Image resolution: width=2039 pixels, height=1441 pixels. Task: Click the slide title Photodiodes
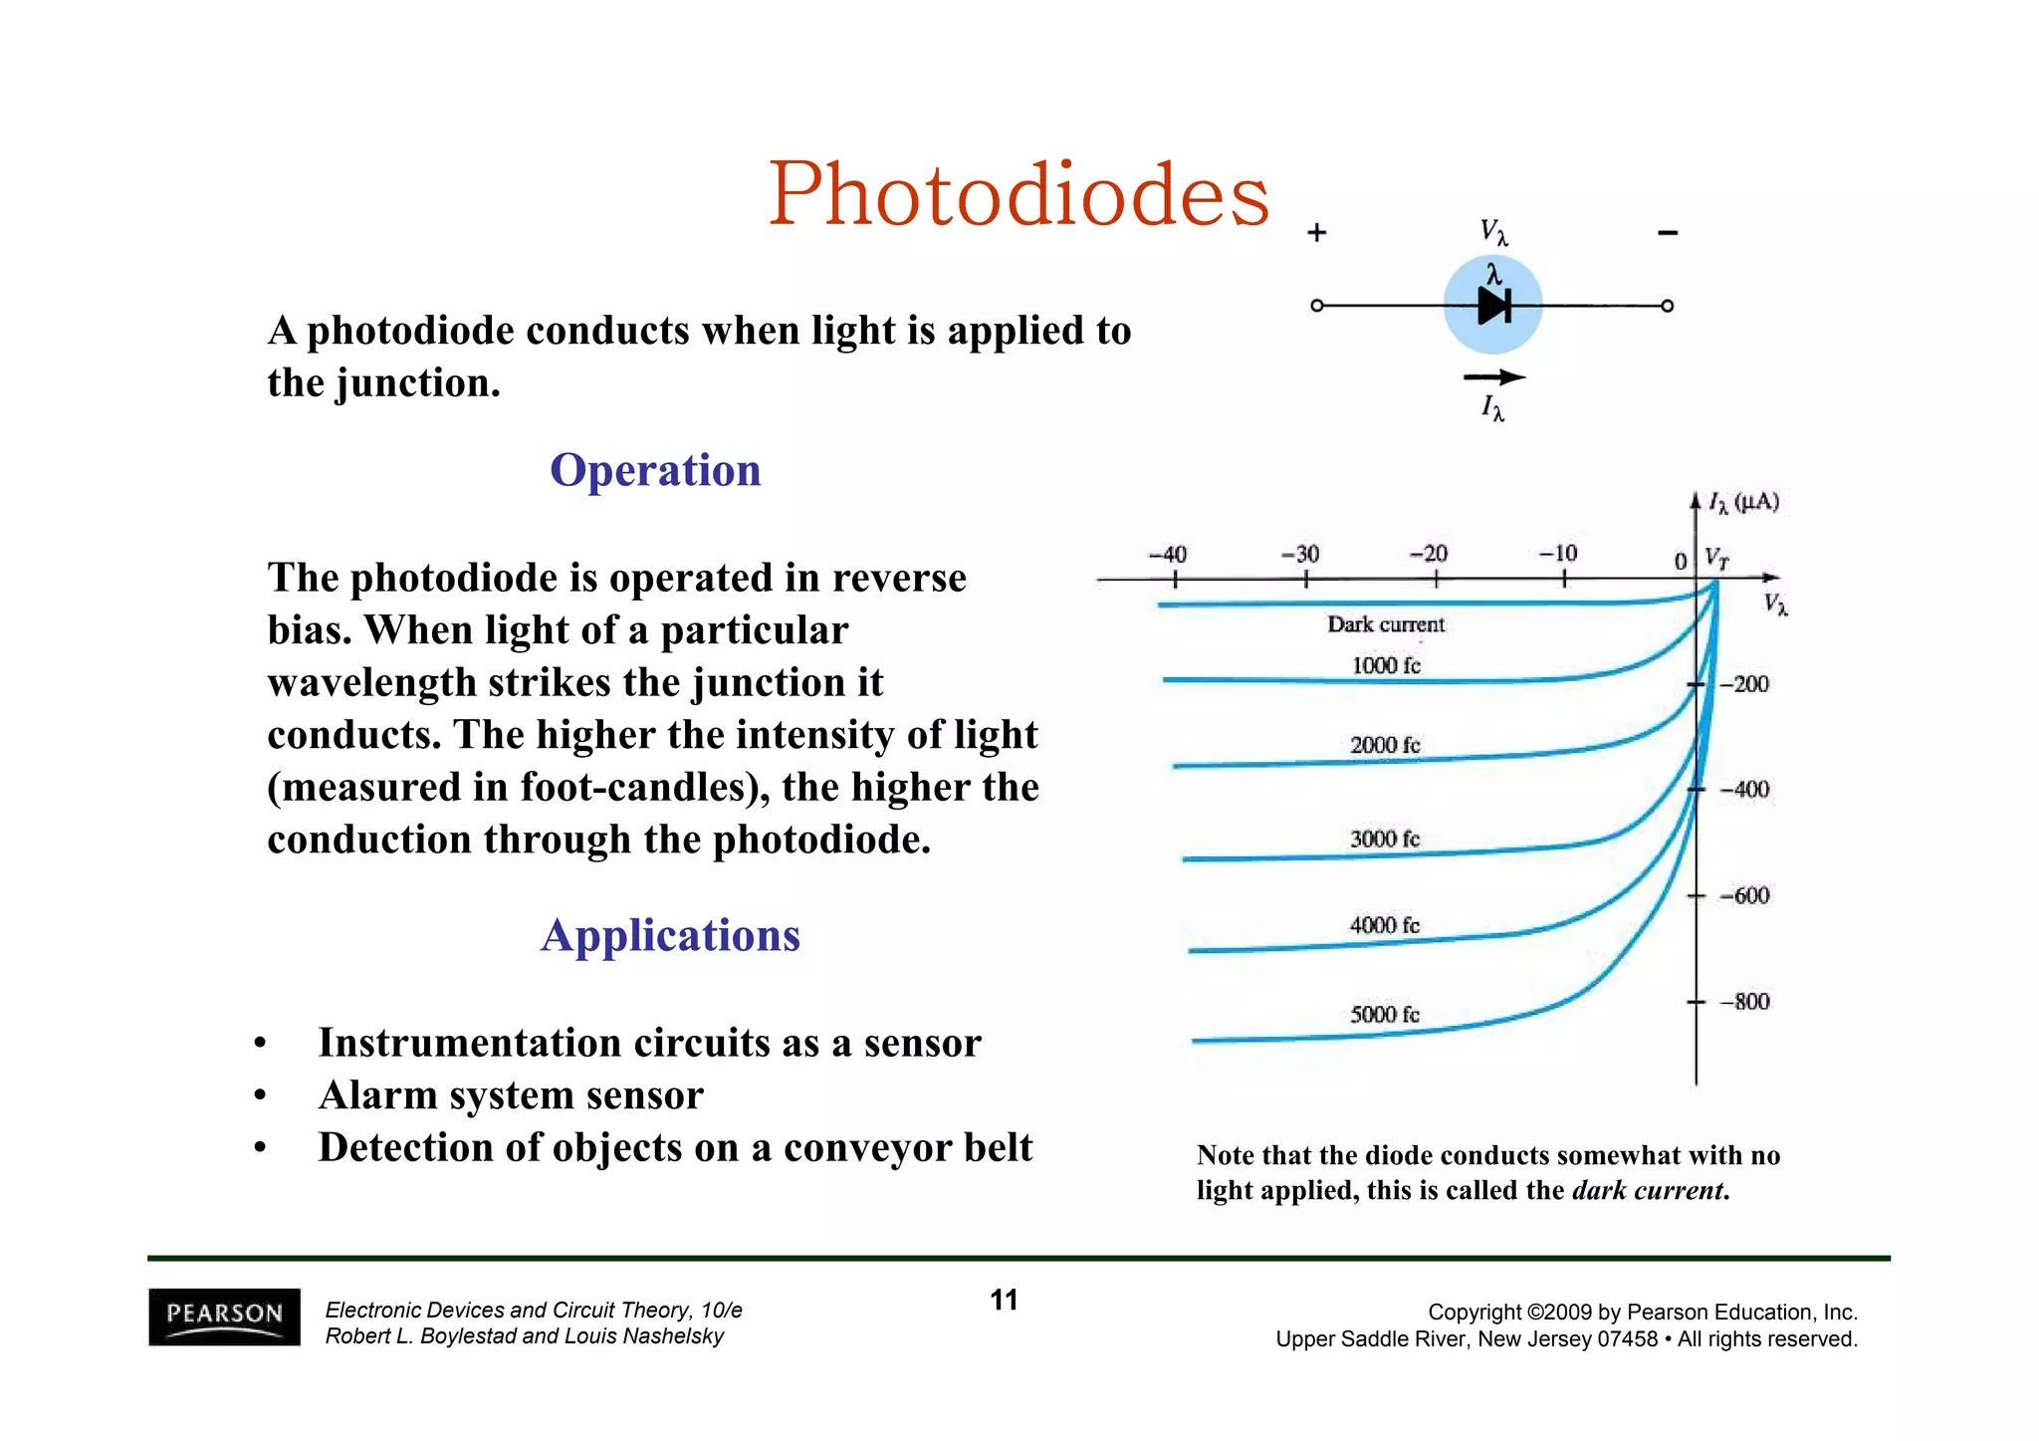pyautogui.click(x=1018, y=195)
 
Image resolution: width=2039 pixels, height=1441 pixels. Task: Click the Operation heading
pyautogui.click(x=655, y=470)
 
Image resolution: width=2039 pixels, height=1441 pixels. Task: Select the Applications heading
pyautogui.click(x=670, y=935)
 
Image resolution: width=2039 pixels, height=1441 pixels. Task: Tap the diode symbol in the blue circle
pyautogui.click(x=1493, y=306)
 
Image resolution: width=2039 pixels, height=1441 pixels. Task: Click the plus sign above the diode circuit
pyautogui.click(x=1317, y=233)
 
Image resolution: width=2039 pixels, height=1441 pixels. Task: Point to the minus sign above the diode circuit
pyautogui.click(x=1668, y=233)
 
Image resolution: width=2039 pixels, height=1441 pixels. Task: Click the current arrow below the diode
pyautogui.click(x=1493, y=377)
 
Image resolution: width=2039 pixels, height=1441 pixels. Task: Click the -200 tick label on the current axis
pyautogui.click(x=1744, y=684)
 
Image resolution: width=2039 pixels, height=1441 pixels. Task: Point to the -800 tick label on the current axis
pyautogui.click(x=1744, y=1002)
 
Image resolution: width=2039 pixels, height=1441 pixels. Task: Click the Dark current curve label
pyautogui.click(x=1386, y=624)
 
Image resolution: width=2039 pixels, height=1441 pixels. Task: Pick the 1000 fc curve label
pyautogui.click(x=1386, y=665)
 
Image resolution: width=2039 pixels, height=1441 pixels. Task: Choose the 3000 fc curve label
pyautogui.click(x=1385, y=840)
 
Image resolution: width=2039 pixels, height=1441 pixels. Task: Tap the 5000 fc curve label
pyautogui.click(x=1385, y=1015)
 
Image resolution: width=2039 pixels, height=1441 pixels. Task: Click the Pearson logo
pyautogui.click(x=224, y=1317)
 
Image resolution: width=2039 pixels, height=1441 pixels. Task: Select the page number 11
pyautogui.click(x=1004, y=1301)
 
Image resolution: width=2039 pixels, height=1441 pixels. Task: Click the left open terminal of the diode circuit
pyautogui.click(x=1317, y=306)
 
